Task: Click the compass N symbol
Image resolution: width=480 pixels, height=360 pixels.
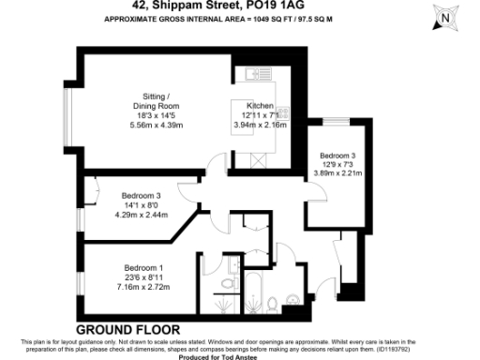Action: pos(445,17)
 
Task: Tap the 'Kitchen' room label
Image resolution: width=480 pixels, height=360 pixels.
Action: pos(260,106)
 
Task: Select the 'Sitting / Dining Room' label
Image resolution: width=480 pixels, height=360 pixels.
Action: pos(156,101)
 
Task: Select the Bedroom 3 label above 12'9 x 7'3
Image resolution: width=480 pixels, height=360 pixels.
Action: pos(337,155)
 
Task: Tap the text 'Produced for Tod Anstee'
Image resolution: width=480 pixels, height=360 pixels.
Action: pos(239,355)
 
